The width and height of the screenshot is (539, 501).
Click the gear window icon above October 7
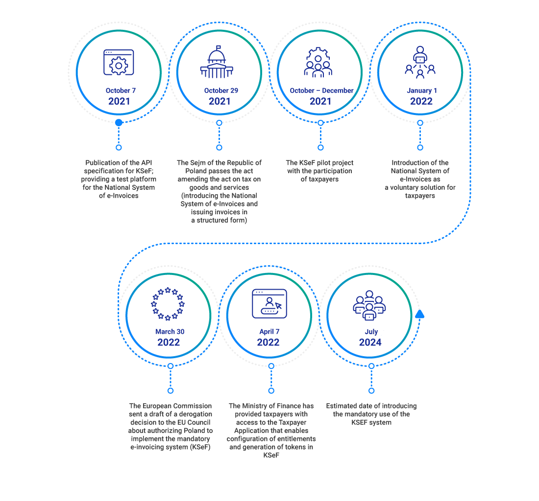[x=119, y=62]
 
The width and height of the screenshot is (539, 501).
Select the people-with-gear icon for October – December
[x=318, y=63]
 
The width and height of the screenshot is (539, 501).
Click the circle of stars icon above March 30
[x=168, y=304]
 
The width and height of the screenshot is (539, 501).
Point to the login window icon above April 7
[x=269, y=303]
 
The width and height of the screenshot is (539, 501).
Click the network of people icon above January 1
[x=420, y=63]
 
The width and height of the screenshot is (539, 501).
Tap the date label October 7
[x=121, y=91]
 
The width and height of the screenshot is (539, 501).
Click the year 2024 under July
[x=370, y=342]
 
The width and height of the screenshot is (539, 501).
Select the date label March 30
[x=170, y=332]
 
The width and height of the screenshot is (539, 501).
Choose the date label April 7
[x=269, y=332]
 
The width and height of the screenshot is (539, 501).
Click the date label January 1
[x=422, y=91]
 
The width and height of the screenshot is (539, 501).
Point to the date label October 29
[x=221, y=91]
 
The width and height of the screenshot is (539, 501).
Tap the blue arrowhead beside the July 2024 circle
[x=419, y=314]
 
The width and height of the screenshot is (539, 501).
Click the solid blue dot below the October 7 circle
[x=119, y=122]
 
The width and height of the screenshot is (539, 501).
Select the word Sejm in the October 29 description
[x=198, y=162]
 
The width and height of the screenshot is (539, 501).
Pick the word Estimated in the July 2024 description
[x=343, y=406]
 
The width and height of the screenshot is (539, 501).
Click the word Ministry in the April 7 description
[x=255, y=406]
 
